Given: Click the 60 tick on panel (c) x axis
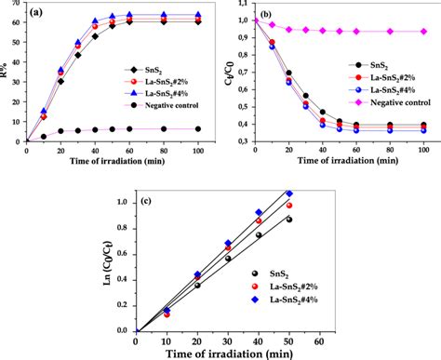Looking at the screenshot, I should click(321, 340).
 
